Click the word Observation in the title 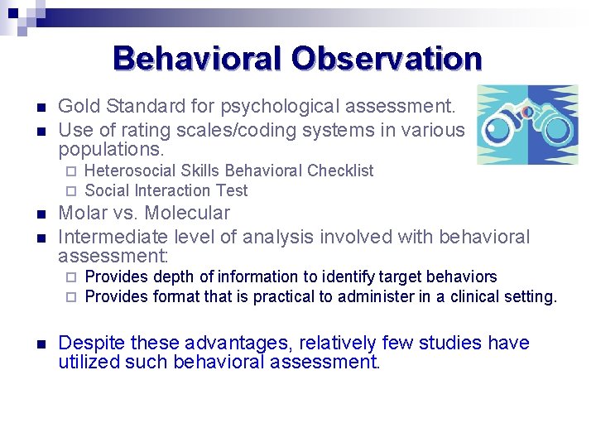coord(387,59)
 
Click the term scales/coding coord(229,130)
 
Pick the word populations coord(111,151)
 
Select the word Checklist coord(340,171)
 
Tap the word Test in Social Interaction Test coord(232,191)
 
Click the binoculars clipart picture coord(526,125)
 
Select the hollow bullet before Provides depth coord(71,277)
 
